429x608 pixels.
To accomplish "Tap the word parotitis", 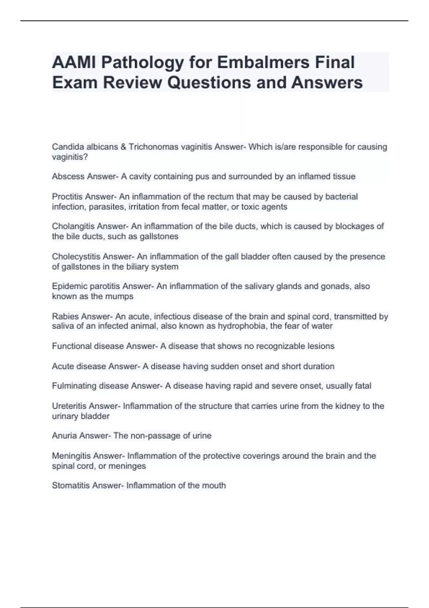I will [105, 286].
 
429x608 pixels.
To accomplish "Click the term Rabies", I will [65, 317].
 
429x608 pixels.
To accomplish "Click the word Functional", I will [71, 346].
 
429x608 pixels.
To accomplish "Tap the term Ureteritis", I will [69, 406].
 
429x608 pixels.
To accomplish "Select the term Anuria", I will [64, 436].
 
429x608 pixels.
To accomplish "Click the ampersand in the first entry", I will [124, 147].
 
